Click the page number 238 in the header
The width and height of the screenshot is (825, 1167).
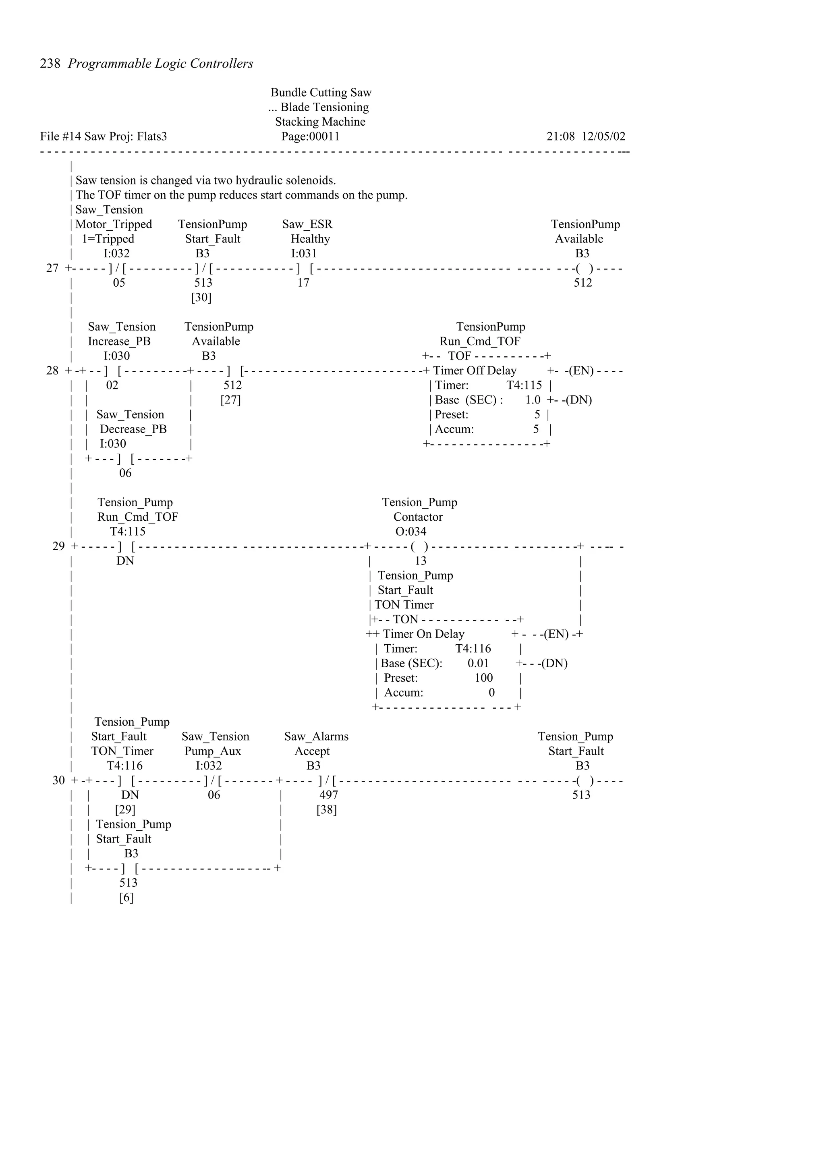(50, 64)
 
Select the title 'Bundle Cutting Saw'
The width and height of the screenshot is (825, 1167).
(321, 93)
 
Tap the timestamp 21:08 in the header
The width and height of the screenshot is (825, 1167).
(561, 136)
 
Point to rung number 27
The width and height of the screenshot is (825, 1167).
(52, 268)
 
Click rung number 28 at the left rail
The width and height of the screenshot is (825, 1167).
(52, 370)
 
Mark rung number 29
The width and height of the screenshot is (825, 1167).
(58, 546)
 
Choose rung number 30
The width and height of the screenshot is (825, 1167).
(58, 780)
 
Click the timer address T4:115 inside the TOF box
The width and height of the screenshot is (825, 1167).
(524, 385)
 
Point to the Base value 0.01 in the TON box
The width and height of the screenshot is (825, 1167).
(478, 663)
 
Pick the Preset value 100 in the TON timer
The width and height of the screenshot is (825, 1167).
(483, 678)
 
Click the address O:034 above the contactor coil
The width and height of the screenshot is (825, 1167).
(411, 532)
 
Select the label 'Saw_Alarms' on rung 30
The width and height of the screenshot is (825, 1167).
(316, 737)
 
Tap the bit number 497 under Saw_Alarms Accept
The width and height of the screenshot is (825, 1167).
(328, 795)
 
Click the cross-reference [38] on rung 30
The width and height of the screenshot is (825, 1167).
(326, 810)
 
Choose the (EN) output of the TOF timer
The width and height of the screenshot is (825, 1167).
(581, 370)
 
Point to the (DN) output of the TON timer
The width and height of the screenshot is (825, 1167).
(554, 663)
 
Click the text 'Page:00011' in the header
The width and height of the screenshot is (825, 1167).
(311, 136)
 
